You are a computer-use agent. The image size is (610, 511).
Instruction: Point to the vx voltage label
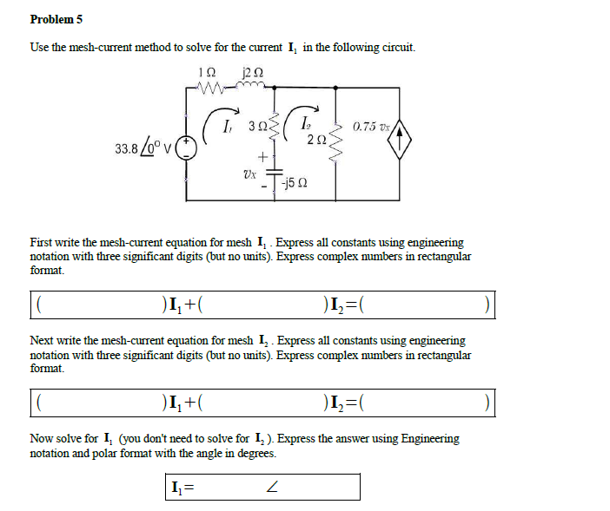[x=250, y=173]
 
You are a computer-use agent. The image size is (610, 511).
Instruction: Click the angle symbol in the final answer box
[x=272, y=488]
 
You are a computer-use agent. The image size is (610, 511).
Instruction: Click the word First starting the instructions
[x=43, y=243]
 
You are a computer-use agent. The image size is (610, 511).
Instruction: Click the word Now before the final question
[x=42, y=439]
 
